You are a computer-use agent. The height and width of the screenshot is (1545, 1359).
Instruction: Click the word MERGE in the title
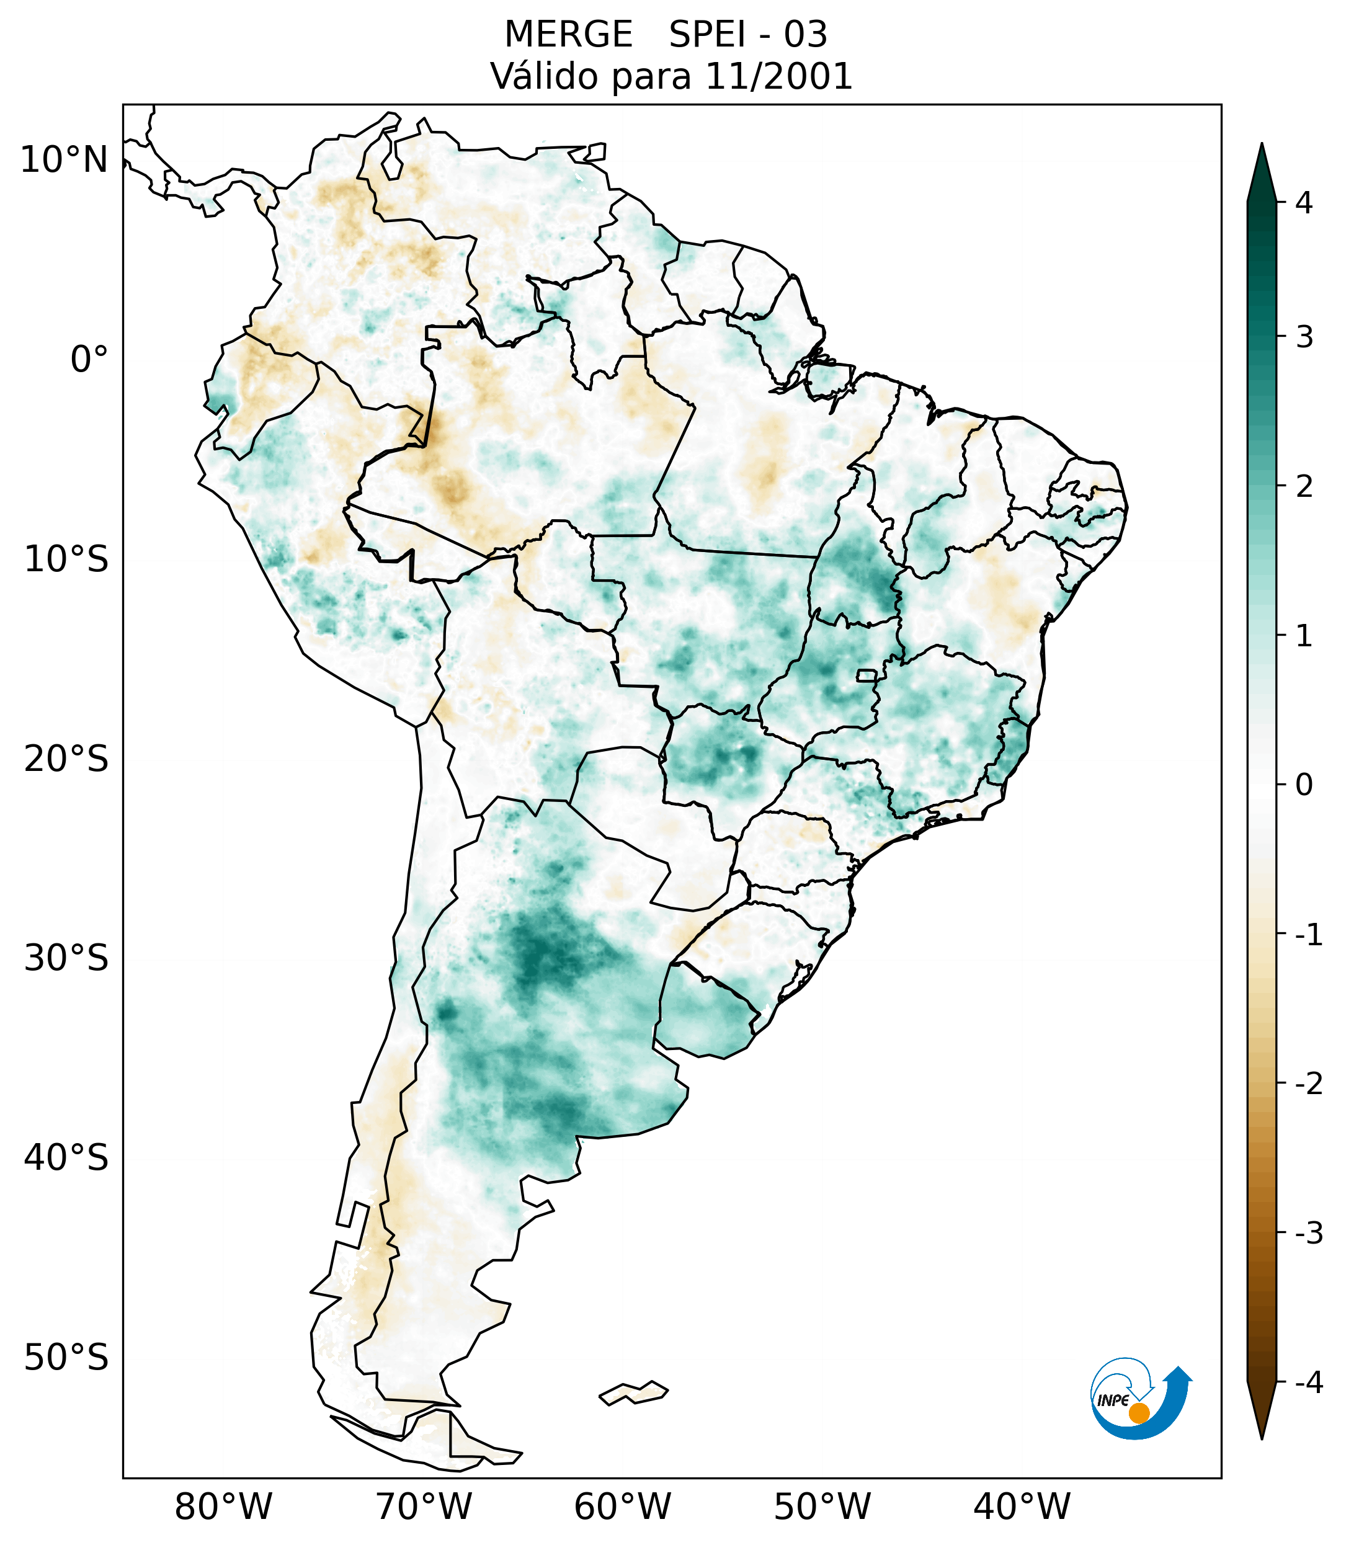tap(568, 35)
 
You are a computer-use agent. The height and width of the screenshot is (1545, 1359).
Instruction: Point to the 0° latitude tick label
tap(89, 360)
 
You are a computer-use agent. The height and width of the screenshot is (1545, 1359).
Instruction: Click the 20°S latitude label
tap(66, 759)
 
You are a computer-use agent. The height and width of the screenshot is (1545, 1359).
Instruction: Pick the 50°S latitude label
tap(66, 1358)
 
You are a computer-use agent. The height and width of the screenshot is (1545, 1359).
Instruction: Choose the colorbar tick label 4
tap(1304, 203)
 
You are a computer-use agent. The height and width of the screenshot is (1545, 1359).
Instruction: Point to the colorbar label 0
tap(1304, 785)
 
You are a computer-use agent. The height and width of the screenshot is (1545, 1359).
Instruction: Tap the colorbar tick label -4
tap(1308, 1383)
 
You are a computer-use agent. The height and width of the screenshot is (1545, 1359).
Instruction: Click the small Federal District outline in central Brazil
tap(867, 675)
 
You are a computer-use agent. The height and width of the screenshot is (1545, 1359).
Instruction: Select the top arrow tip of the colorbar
tap(1261, 146)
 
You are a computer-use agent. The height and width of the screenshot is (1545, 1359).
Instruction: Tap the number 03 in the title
tap(805, 35)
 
